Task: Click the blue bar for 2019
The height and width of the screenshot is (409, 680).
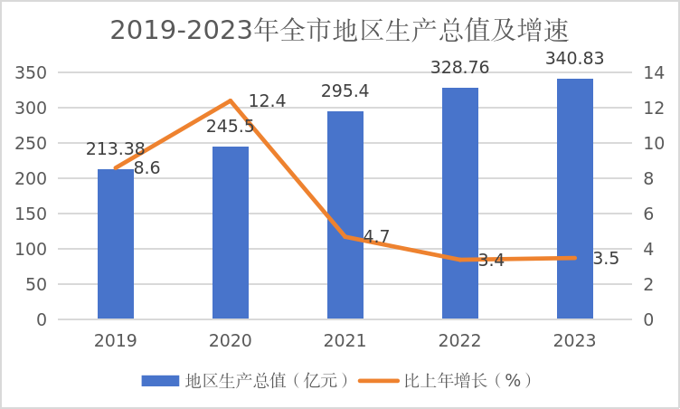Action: [x=116, y=244]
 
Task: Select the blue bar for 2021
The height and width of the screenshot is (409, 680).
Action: [x=345, y=215]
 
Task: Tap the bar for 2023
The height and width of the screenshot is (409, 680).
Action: [x=575, y=199]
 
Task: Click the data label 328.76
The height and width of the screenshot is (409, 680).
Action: [x=459, y=68]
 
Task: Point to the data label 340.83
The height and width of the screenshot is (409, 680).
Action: [x=574, y=59]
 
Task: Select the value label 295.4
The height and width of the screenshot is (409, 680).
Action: [x=345, y=91]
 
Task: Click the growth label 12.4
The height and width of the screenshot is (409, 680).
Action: [x=267, y=101]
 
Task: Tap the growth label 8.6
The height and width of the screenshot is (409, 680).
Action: [x=147, y=168]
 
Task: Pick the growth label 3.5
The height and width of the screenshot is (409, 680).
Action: [x=606, y=258]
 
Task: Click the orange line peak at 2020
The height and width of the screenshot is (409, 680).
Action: [x=231, y=100]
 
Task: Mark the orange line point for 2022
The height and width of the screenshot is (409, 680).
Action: [x=460, y=260]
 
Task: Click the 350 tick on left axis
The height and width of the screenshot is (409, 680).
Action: [x=31, y=72]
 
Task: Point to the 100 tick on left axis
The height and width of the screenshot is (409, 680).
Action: [x=31, y=249]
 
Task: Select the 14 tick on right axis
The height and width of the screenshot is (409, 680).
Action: [x=654, y=72]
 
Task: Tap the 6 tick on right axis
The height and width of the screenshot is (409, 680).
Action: [x=648, y=214]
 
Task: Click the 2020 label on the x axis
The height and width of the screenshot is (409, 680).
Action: [x=231, y=341]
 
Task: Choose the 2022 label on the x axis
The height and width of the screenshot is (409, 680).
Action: [x=459, y=341]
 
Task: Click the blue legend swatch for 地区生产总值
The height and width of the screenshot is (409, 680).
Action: [x=160, y=381]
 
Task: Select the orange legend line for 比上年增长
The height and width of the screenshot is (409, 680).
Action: [x=379, y=381]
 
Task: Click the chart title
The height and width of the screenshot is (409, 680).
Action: [x=339, y=31]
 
